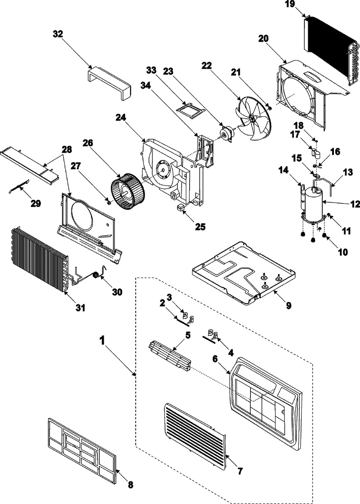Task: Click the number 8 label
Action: (130, 485)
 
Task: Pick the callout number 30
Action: (117, 293)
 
